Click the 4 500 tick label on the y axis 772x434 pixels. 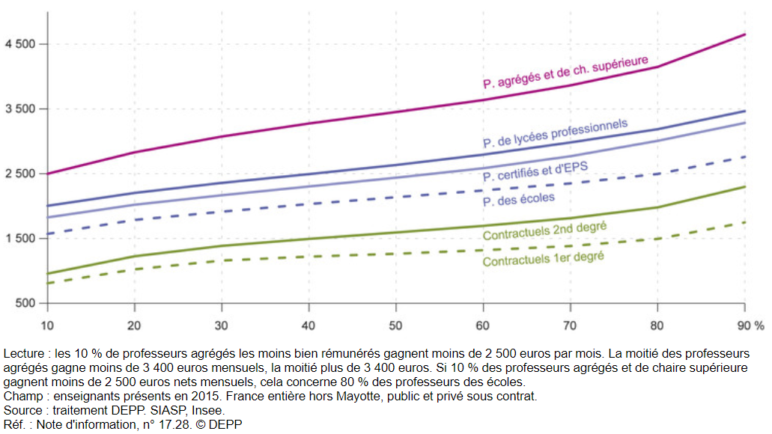point(20,44)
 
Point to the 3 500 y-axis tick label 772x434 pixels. point(20,109)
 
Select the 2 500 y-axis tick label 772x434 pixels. point(20,174)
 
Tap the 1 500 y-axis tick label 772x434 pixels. point(20,239)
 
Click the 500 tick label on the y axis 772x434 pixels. point(25,303)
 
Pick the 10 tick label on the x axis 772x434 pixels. point(47,326)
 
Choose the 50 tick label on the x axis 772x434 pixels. point(396,326)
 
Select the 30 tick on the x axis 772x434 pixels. point(222,326)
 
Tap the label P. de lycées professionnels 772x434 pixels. point(555,133)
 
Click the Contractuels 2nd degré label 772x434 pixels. point(544,230)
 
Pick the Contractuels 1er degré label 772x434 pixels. point(543,259)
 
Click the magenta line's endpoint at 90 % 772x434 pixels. point(745,34)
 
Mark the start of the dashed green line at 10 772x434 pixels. point(47,283)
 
